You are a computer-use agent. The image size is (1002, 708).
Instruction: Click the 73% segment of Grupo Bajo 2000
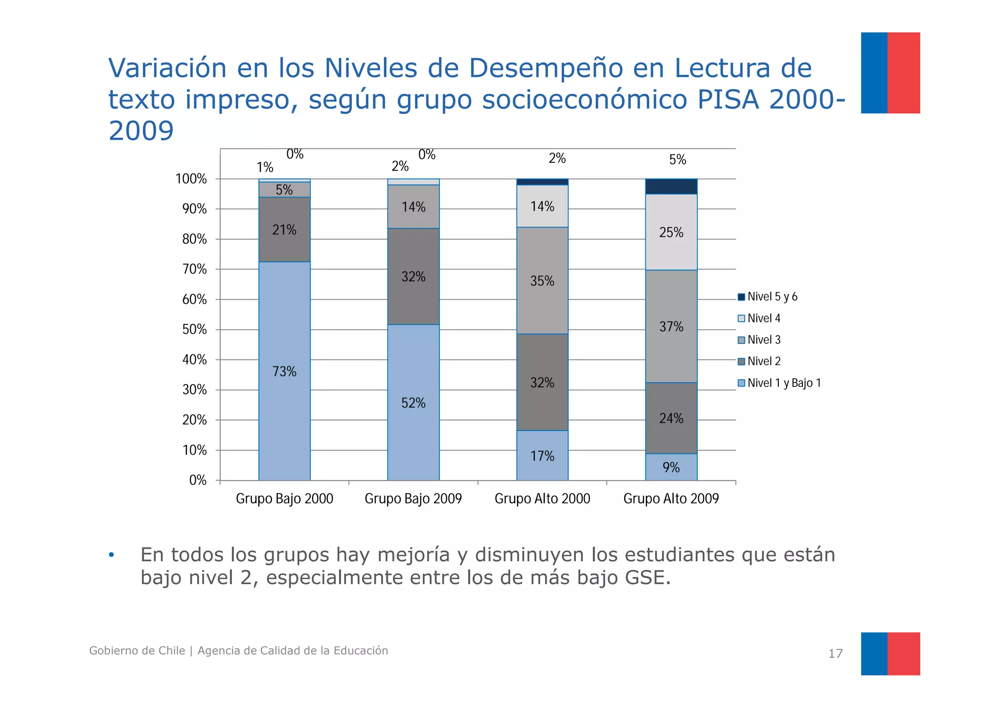coord(284,371)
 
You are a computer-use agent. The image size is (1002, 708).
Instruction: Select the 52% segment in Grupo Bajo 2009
coord(413,402)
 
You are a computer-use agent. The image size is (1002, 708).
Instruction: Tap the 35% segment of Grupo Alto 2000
coord(542,281)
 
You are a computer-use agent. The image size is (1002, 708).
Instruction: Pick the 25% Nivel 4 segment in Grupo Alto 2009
coord(671,232)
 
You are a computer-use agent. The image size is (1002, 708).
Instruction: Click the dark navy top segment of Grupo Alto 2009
coord(671,186)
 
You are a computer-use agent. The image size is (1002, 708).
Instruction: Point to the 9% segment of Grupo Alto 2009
coord(671,467)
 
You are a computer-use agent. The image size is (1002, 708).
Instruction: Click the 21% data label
coord(284,230)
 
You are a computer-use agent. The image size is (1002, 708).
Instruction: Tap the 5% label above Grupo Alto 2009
coord(678,160)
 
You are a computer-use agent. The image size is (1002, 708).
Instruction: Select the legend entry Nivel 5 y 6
coord(772,297)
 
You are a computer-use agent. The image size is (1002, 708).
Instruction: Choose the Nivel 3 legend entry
coord(763,340)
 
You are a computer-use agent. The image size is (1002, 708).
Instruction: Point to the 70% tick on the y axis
coord(195,269)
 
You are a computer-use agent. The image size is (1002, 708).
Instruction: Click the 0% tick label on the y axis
coord(198,480)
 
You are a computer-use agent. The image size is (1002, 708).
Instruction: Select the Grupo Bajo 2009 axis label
coord(413,499)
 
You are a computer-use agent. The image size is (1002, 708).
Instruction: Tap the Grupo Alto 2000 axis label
coord(542,499)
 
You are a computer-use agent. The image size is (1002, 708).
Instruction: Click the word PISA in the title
coord(728,99)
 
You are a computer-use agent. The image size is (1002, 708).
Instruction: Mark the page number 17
coord(835,654)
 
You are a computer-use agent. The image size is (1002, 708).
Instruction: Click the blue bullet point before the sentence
coord(112,555)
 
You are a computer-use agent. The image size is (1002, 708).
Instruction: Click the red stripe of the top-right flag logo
coord(903,73)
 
